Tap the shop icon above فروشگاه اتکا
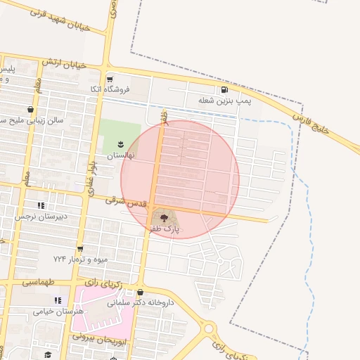click(x=109, y=79)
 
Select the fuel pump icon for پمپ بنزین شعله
click(x=224, y=89)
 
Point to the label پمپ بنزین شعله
click(x=224, y=101)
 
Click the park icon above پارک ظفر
click(x=164, y=218)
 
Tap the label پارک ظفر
click(x=164, y=229)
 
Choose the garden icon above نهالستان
click(x=120, y=143)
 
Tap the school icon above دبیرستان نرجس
click(x=41, y=205)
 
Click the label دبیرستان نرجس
click(x=41, y=217)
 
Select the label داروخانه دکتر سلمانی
click(x=141, y=304)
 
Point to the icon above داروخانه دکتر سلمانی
click(x=141, y=292)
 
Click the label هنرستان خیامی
click(x=58, y=311)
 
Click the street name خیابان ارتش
click(x=63, y=63)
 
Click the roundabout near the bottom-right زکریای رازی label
click(x=208, y=328)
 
